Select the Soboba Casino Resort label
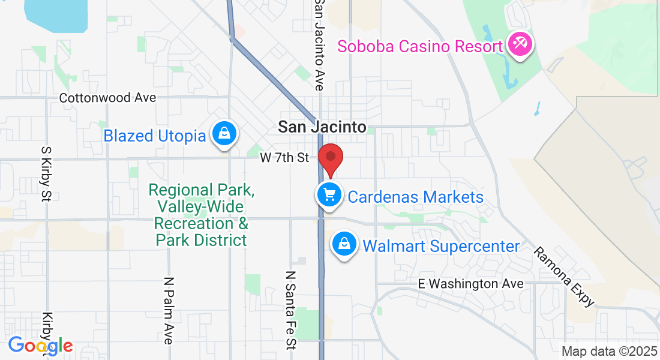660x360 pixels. [x=420, y=46]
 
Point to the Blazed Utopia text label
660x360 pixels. [x=155, y=136]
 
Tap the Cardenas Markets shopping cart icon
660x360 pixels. [x=329, y=196]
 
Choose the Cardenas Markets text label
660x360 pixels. [x=415, y=197]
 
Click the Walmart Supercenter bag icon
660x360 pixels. [x=345, y=245]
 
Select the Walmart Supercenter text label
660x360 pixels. [x=441, y=246]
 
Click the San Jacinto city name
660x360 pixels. [x=322, y=127]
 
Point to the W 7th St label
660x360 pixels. [x=284, y=158]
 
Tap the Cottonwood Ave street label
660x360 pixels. [x=107, y=97]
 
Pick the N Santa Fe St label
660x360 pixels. [x=291, y=309]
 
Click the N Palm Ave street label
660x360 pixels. [x=169, y=310]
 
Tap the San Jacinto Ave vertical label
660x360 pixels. [x=319, y=45]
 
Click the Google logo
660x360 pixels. [x=40, y=345]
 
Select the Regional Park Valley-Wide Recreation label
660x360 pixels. [x=201, y=215]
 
